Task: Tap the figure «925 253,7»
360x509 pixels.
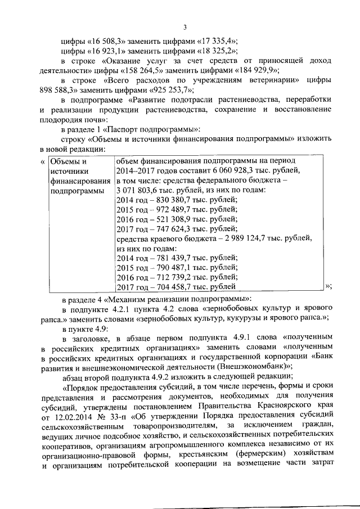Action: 172,89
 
